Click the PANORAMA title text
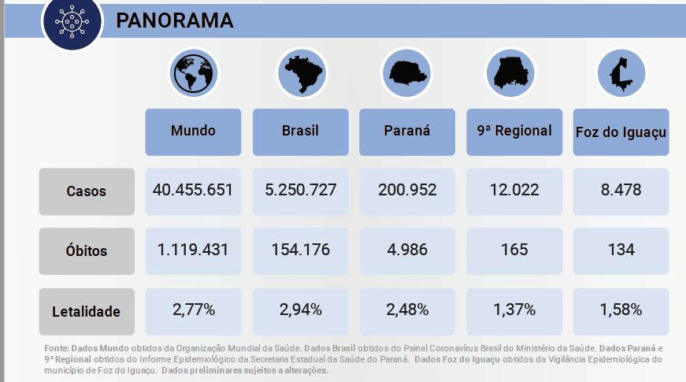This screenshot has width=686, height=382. [174, 21]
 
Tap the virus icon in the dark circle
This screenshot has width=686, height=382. [72, 22]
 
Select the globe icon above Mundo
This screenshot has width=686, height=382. [193, 73]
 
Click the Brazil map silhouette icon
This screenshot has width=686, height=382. [301, 73]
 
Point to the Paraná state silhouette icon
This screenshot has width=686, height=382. [407, 73]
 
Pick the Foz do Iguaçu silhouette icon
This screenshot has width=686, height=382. [621, 73]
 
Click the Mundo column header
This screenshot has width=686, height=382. [193, 131]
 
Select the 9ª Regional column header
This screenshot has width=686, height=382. [514, 131]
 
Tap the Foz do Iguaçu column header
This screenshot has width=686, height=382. [621, 132]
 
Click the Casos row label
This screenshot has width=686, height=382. [86, 191]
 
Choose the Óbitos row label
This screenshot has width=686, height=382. [86, 251]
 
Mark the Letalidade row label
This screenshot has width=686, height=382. [86, 311]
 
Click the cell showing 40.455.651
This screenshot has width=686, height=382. [193, 190]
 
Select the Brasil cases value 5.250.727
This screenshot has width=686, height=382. [300, 190]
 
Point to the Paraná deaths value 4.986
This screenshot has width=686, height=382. [407, 250]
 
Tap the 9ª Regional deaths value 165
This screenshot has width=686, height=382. [514, 250]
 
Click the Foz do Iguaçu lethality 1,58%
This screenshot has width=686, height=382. [621, 310]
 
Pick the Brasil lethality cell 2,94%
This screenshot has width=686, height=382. [300, 310]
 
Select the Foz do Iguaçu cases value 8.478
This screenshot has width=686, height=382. [621, 190]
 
